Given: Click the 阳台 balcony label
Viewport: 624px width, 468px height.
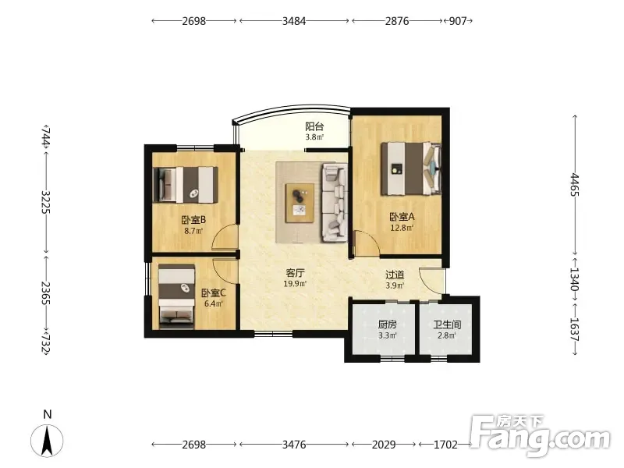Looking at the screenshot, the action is pos(314,126).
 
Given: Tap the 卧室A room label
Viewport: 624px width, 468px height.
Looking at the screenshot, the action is pos(402,217).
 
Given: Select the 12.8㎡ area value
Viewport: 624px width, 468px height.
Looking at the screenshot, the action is pos(402,228).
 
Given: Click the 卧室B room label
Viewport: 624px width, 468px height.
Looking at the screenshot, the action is pos(193,220).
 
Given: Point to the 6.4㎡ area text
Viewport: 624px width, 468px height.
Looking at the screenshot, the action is pos(213,304).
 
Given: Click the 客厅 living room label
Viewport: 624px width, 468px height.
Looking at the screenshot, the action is pos(296,273).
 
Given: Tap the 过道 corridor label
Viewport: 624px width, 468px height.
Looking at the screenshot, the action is pos(395,275).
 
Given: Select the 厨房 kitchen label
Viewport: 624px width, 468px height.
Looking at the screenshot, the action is pos(387,324).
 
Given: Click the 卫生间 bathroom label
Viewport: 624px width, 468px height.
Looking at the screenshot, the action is pos(447,324).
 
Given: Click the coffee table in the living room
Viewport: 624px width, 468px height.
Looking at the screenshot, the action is pos(300,203).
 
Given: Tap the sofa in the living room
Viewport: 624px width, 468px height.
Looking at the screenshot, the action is pos(335,203).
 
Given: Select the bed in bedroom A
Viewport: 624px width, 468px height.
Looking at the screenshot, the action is pos(411,168).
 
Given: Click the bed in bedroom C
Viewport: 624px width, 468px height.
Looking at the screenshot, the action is pos(177,297).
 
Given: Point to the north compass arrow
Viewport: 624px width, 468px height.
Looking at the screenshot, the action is pos(47,441).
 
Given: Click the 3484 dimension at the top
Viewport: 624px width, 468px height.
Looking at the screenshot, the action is pos(294,21).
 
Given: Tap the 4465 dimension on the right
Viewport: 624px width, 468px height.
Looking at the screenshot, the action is pos(575,184).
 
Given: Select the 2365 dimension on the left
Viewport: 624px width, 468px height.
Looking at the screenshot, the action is pos(46,293).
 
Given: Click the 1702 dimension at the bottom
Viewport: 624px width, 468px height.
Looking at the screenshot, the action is pos(445,444).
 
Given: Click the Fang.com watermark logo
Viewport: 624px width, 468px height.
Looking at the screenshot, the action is pos(540,435).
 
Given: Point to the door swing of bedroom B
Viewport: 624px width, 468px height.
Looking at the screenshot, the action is pos(225,237).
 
